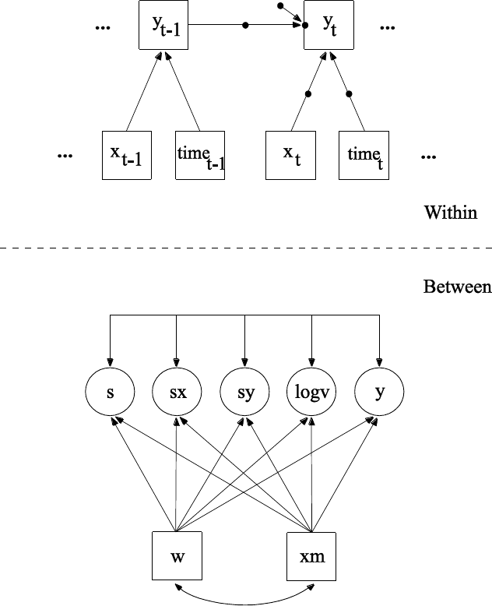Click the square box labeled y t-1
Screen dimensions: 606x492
163,25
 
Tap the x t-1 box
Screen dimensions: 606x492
127,155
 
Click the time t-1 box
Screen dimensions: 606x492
200,155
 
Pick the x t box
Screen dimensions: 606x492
290,155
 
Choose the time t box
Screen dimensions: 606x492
364,155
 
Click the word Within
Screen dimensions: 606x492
450,212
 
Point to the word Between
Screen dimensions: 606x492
457,287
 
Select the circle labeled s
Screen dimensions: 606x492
111,393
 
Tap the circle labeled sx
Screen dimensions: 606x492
177,393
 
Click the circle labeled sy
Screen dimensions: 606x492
244,393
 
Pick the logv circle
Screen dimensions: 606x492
312,393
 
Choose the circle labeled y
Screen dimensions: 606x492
379,393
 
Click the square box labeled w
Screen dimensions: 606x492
177,557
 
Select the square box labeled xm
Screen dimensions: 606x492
311,557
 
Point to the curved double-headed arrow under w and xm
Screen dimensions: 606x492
244,600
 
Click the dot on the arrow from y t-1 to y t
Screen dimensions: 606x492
246,25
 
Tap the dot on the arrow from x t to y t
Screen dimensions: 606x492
308,94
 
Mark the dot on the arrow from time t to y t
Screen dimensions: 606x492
349,94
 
